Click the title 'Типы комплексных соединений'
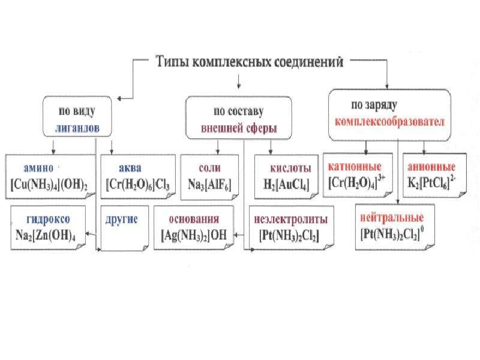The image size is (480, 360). [250, 62]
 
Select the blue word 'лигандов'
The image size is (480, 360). [77, 128]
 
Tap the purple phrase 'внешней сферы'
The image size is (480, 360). [239, 128]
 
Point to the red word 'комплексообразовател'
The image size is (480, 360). [389, 122]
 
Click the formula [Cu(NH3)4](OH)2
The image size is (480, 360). [49, 185]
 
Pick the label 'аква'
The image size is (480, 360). [130, 168]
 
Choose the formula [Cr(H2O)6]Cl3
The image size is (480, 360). [138, 185]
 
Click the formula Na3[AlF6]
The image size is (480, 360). [209, 185]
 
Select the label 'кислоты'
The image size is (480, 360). [290, 168]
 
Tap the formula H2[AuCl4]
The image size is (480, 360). [287, 185]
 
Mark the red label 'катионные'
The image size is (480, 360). [355, 167]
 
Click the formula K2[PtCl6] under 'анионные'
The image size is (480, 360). [431, 183]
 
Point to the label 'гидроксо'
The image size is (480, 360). [48, 219]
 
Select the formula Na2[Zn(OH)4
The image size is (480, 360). [46, 235]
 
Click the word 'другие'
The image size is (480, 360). [122, 220]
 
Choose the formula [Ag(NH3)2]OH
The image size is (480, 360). [194, 235]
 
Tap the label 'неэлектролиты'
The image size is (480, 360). [291, 219]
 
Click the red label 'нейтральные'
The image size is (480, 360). [392, 218]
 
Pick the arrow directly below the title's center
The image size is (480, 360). [239, 82]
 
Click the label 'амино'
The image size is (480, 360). [38, 168]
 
